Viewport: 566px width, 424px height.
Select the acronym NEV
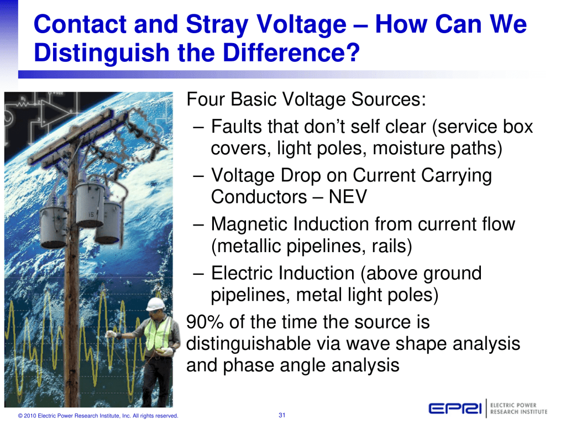click(x=348, y=197)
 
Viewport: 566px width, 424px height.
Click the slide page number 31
click(x=282, y=415)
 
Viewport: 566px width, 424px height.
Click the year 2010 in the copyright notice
click(x=30, y=416)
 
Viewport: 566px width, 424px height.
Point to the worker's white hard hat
click(x=156, y=304)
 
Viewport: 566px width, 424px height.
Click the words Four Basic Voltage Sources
click(x=306, y=100)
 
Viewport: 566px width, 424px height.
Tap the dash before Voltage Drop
click(x=199, y=176)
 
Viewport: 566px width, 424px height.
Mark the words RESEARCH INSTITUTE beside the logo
click(x=518, y=412)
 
